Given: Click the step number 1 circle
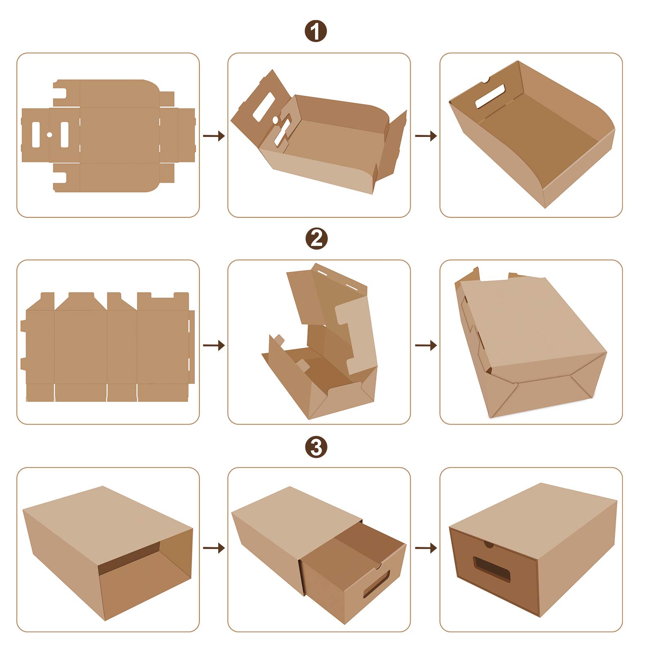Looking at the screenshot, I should point(316,31).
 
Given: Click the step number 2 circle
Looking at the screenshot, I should point(316,239).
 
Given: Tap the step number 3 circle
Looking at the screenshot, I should point(316,447).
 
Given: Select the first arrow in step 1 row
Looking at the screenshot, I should point(214,136).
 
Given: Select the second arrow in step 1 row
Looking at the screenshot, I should point(426,136).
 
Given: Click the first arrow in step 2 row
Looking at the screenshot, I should point(214,345).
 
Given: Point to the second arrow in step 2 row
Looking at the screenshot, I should point(426,345).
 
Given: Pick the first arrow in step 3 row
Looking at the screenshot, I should point(214,548).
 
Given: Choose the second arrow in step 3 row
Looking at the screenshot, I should point(426,548).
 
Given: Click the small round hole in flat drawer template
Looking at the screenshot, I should point(49,134).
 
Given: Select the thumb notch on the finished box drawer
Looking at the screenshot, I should point(488,544).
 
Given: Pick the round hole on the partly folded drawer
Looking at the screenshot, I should point(275,119).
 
